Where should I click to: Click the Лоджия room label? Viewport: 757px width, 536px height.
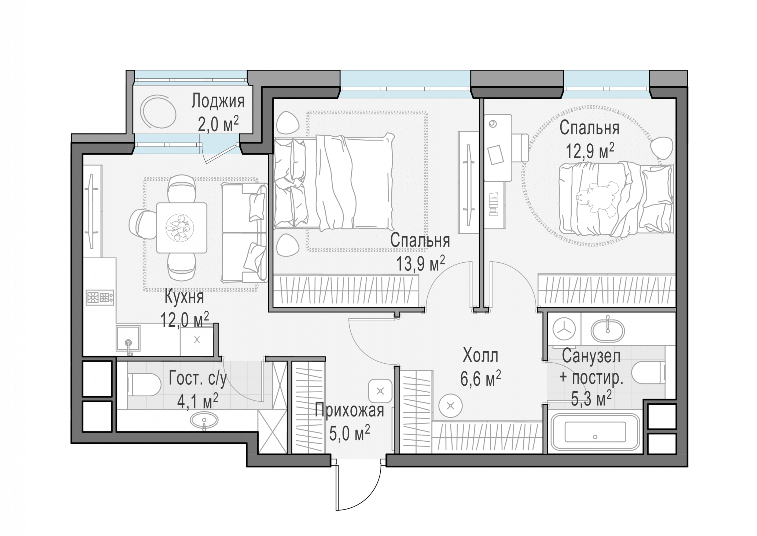[218, 101]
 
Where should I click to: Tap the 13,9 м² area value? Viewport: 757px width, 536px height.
[420, 263]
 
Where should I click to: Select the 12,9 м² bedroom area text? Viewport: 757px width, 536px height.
[590, 151]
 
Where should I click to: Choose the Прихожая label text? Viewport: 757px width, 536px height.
[350, 410]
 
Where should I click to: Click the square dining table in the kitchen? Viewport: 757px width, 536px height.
[182, 228]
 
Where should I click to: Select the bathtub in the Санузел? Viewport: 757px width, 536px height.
[595, 432]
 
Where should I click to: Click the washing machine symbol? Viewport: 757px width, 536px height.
[564, 329]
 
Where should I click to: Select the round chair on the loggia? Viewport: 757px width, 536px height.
[157, 111]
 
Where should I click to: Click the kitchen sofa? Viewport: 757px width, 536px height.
[244, 232]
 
